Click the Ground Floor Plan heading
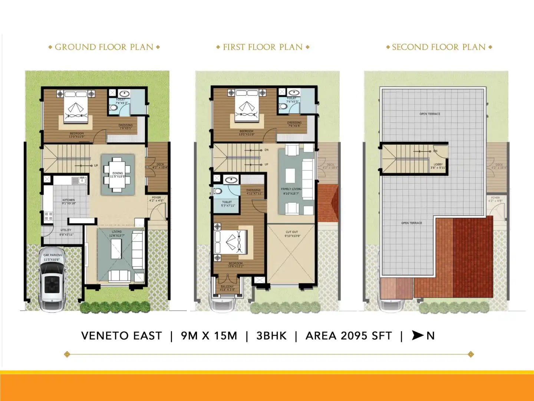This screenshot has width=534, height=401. click(x=104, y=47)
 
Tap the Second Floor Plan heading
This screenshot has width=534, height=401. click(x=439, y=47)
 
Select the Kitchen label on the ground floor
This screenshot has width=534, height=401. click(x=69, y=200)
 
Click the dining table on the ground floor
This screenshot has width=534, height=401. click(x=118, y=174)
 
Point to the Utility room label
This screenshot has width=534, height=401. click(x=66, y=230)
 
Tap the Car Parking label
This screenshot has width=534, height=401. click(x=53, y=255)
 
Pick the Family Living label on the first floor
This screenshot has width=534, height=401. click(x=291, y=189)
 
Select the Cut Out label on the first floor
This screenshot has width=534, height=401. click(x=292, y=232)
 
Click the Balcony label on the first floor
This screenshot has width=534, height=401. click(x=227, y=287)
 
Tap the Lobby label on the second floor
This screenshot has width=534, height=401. click(x=438, y=164)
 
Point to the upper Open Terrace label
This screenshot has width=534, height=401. click(x=430, y=114)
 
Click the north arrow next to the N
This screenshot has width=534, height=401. click(x=418, y=335)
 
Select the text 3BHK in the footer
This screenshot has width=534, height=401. click(x=271, y=336)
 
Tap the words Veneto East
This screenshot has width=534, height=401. click(x=122, y=336)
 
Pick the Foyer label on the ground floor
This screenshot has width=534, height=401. click(x=156, y=198)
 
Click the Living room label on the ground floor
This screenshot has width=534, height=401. click(x=116, y=232)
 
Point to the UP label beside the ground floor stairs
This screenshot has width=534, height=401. click(x=96, y=166)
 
